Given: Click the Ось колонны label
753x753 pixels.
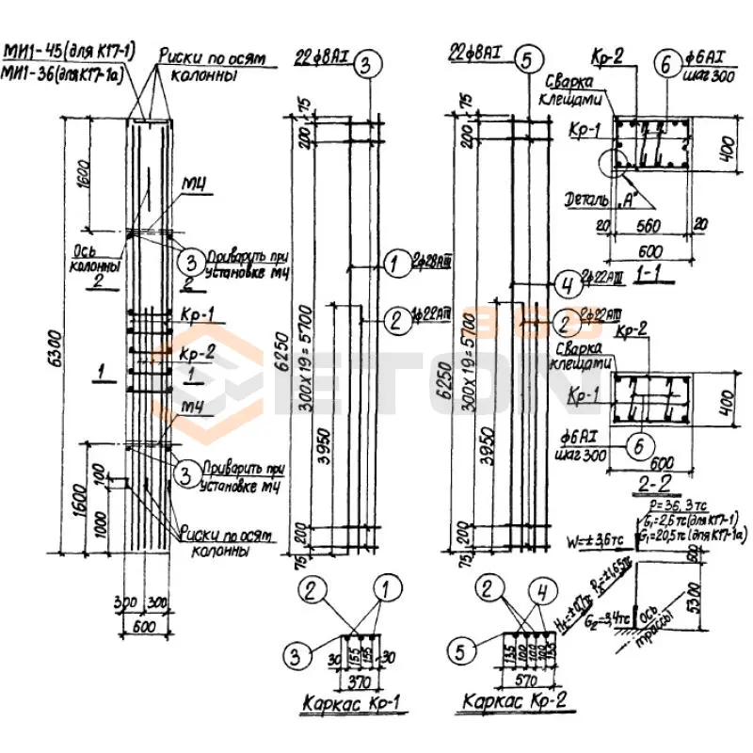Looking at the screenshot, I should pyautogui.click(x=98, y=260).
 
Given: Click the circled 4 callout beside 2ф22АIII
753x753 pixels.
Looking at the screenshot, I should pyautogui.click(x=564, y=281).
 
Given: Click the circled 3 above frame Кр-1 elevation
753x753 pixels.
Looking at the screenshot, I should pyautogui.click(x=369, y=63).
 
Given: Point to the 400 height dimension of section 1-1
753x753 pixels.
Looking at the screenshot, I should pyautogui.click(x=726, y=147).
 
